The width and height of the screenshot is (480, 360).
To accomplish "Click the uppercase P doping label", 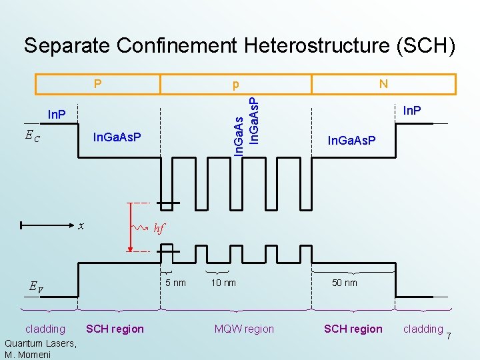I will (x=97, y=84).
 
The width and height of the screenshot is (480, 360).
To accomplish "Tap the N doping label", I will (x=383, y=84).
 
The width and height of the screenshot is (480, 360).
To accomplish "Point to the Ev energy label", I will (x=36, y=287).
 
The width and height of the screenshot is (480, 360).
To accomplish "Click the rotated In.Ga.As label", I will (x=239, y=133).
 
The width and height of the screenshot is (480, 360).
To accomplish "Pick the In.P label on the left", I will (x=57, y=115).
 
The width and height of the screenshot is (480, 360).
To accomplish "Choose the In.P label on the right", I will (x=413, y=110).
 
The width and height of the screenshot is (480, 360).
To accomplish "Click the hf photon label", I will (x=159, y=228).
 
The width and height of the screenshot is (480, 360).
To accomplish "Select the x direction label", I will (x=81, y=225).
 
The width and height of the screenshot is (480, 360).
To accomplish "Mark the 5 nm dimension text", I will (x=175, y=283).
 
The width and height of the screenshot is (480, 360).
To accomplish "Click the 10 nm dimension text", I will (x=223, y=283).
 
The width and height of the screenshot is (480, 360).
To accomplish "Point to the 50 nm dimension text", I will (x=345, y=283).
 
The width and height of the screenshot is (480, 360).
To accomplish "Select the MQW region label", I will (x=244, y=329).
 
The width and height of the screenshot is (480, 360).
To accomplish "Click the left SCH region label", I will (x=115, y=329).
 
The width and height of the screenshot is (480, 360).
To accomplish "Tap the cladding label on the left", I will (x=45, y=329).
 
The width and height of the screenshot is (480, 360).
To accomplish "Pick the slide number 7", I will (x=449, y=335).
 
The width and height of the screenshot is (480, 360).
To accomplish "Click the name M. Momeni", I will (x=29, y=353).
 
